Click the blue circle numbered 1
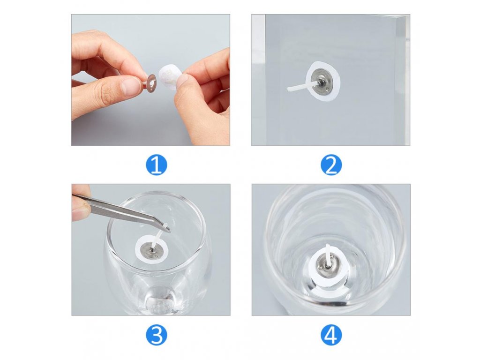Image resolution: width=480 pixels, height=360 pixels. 157,165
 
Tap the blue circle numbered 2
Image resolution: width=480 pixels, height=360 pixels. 331,165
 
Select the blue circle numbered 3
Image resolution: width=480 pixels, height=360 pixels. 157,336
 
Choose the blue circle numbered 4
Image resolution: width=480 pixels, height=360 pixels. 331,336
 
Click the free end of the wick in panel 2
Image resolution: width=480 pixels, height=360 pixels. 289,90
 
